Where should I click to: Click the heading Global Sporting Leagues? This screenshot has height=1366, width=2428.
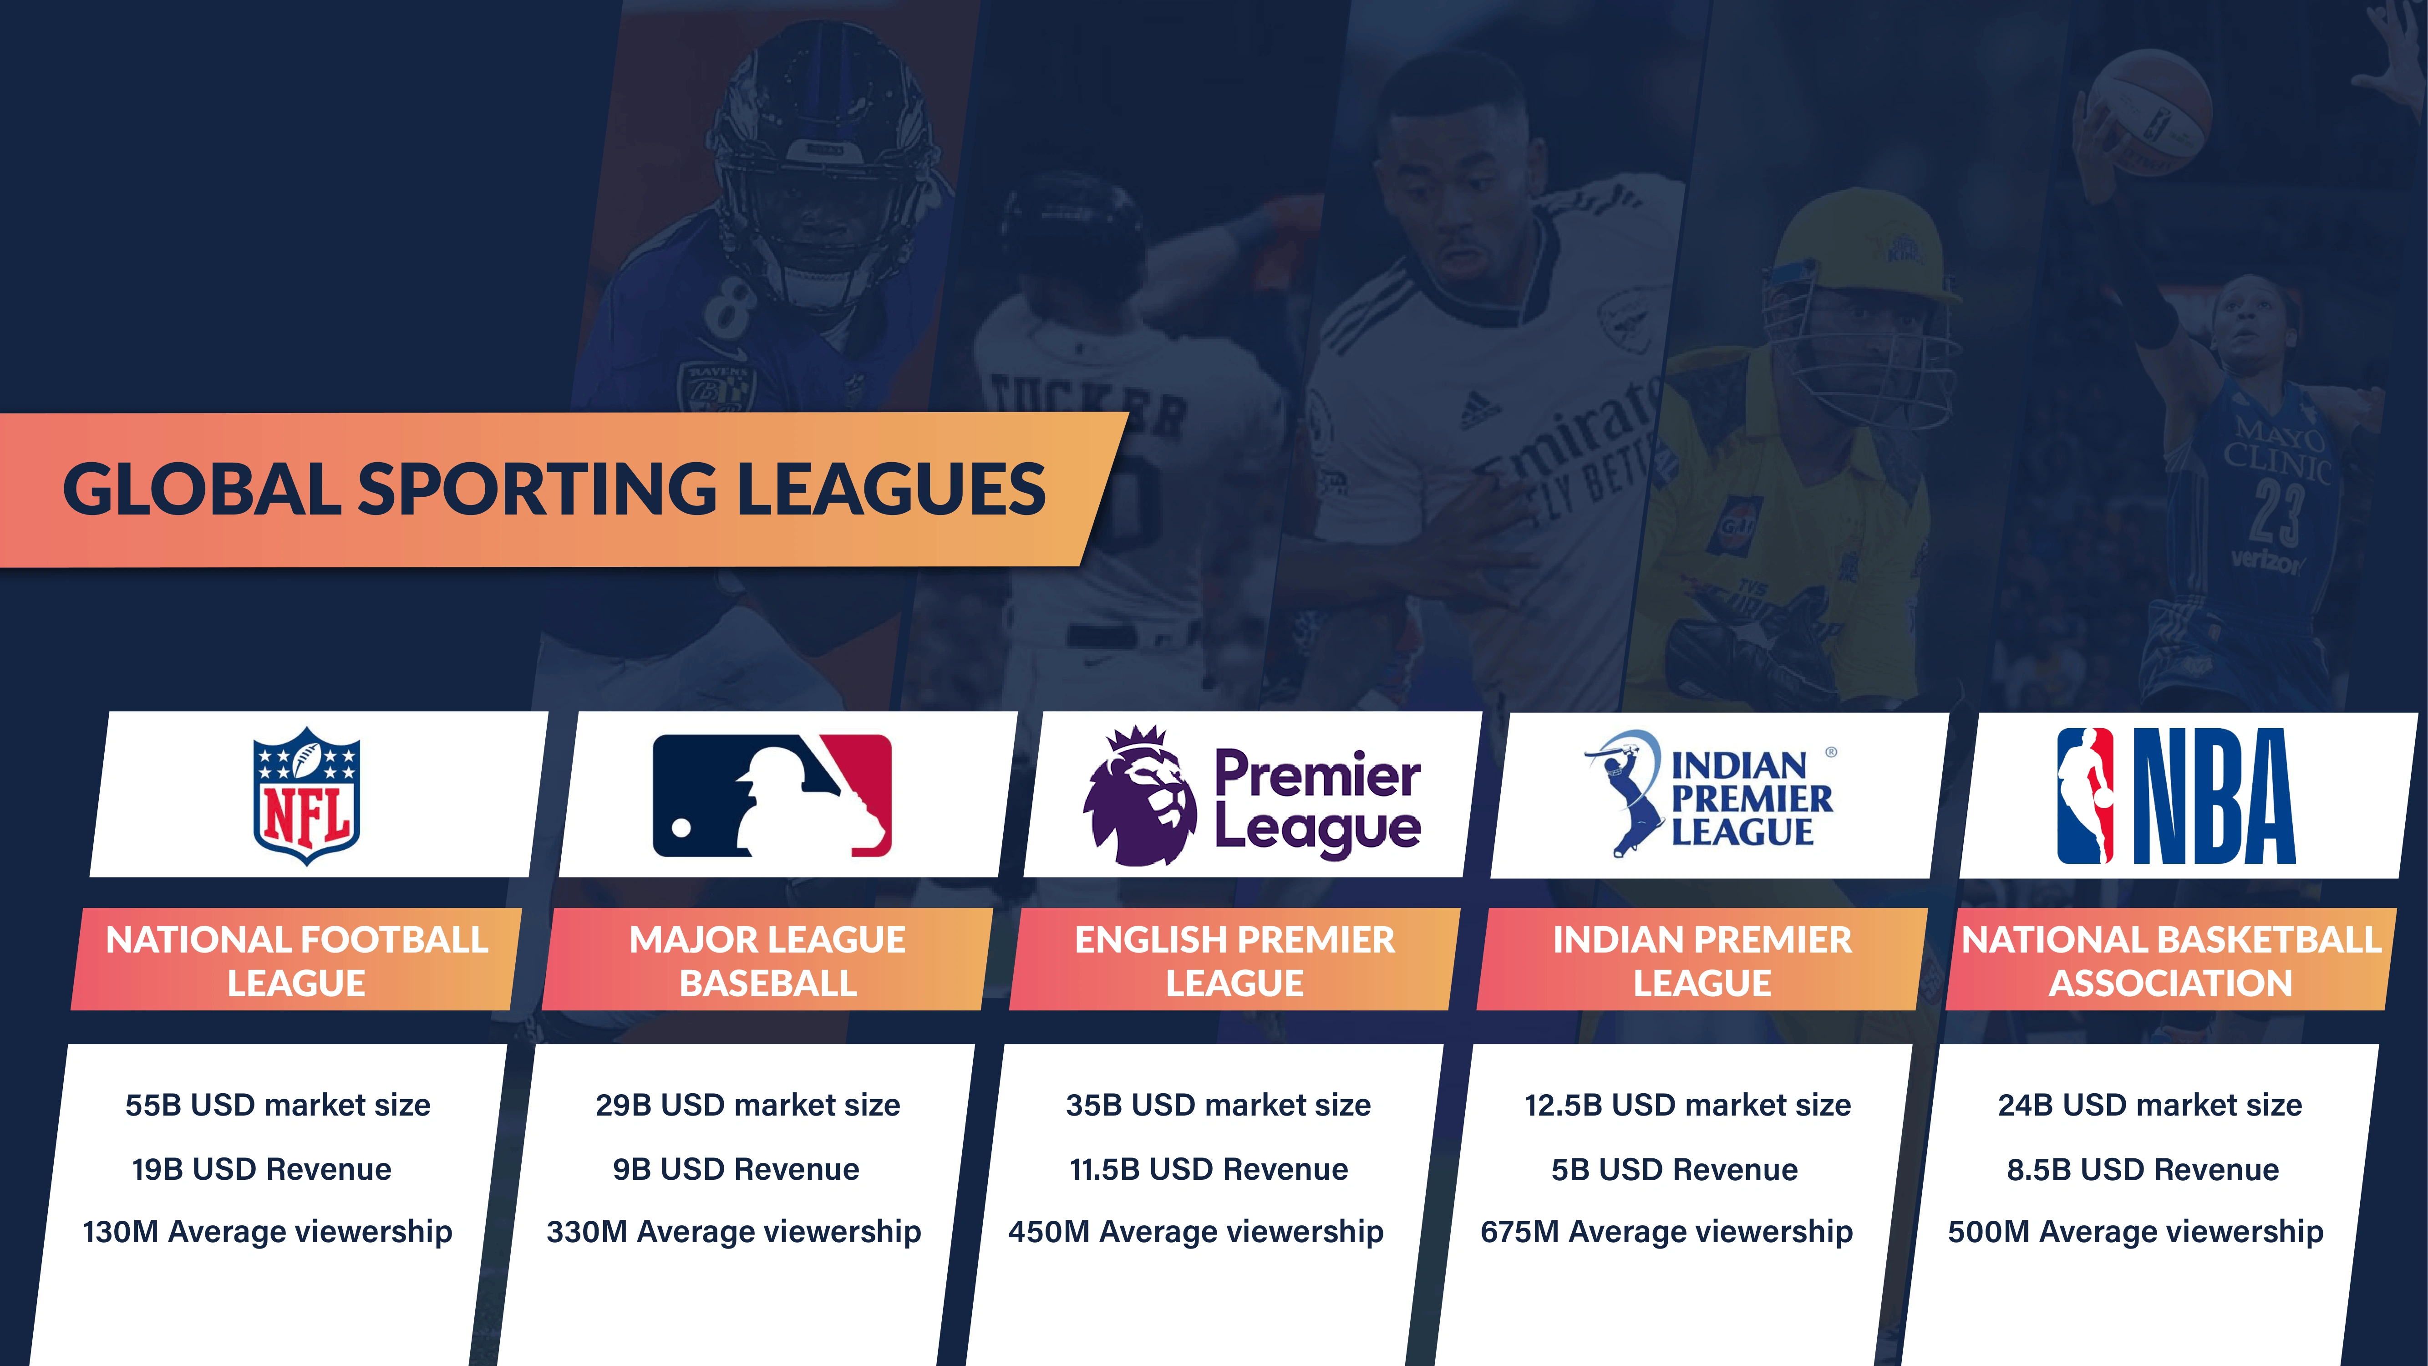554,489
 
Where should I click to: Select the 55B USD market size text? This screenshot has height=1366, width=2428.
278,1105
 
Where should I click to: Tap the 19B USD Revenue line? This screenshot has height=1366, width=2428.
262,1169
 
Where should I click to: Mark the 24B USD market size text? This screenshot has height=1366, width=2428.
2150,1105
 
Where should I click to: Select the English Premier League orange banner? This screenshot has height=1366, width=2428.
1235,960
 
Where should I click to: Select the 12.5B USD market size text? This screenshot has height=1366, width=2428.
1688,1105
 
